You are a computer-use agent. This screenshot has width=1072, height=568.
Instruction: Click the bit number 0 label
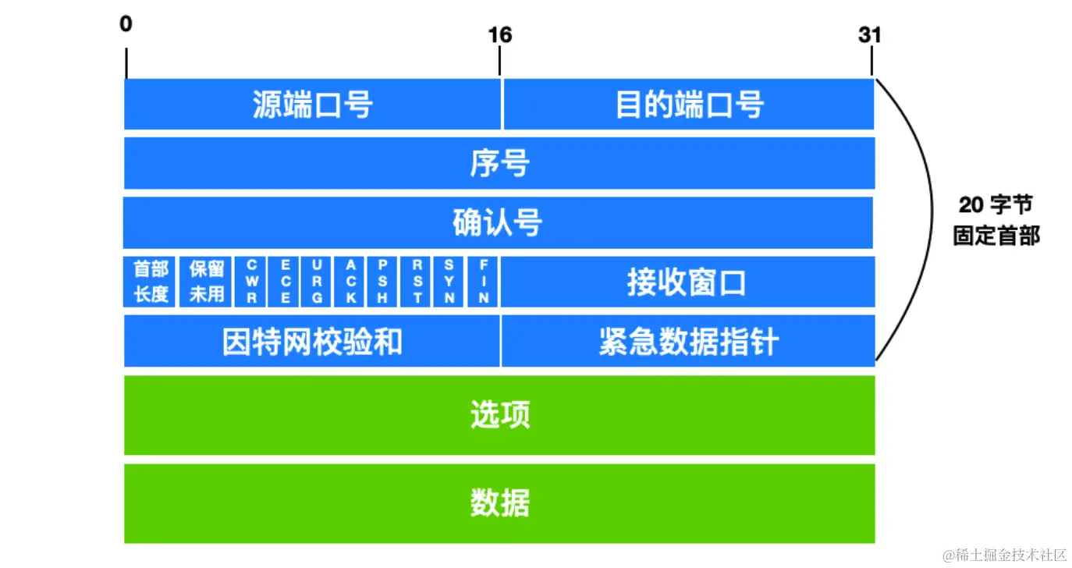[x=126, y=24]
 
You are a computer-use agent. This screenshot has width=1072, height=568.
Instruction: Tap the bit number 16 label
[x=499, y=35]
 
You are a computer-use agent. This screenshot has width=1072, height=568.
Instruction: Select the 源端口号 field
[x=312, y=105]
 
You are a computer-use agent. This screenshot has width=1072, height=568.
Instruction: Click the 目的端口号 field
[x=688, y=105]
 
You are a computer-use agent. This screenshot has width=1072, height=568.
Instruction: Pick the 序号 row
[x=499, y=164]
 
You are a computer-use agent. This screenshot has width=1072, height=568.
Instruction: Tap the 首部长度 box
[x=151, y=282]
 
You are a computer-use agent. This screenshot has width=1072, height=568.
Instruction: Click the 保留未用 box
[x=207, y=282]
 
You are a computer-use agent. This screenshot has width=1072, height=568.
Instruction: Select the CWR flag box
[x=252, y=282]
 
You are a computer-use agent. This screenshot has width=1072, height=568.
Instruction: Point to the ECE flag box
[x=286, y=282]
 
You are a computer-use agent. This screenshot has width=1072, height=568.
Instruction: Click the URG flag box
[x=318, y=282]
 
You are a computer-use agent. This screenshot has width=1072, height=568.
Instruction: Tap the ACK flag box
[x=351, y=282]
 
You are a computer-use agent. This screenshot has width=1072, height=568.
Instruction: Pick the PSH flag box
[x=384, y=282]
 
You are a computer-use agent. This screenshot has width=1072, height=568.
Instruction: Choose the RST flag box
[x=417, y=282]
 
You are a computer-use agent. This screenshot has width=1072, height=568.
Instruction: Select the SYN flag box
[x=450, y=282]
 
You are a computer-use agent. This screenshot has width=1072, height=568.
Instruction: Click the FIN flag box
[x=484, y=282]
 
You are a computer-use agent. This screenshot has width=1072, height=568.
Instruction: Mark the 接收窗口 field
[x=687, y=282]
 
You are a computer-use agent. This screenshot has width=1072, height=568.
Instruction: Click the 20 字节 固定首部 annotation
[x=996, y=220]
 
